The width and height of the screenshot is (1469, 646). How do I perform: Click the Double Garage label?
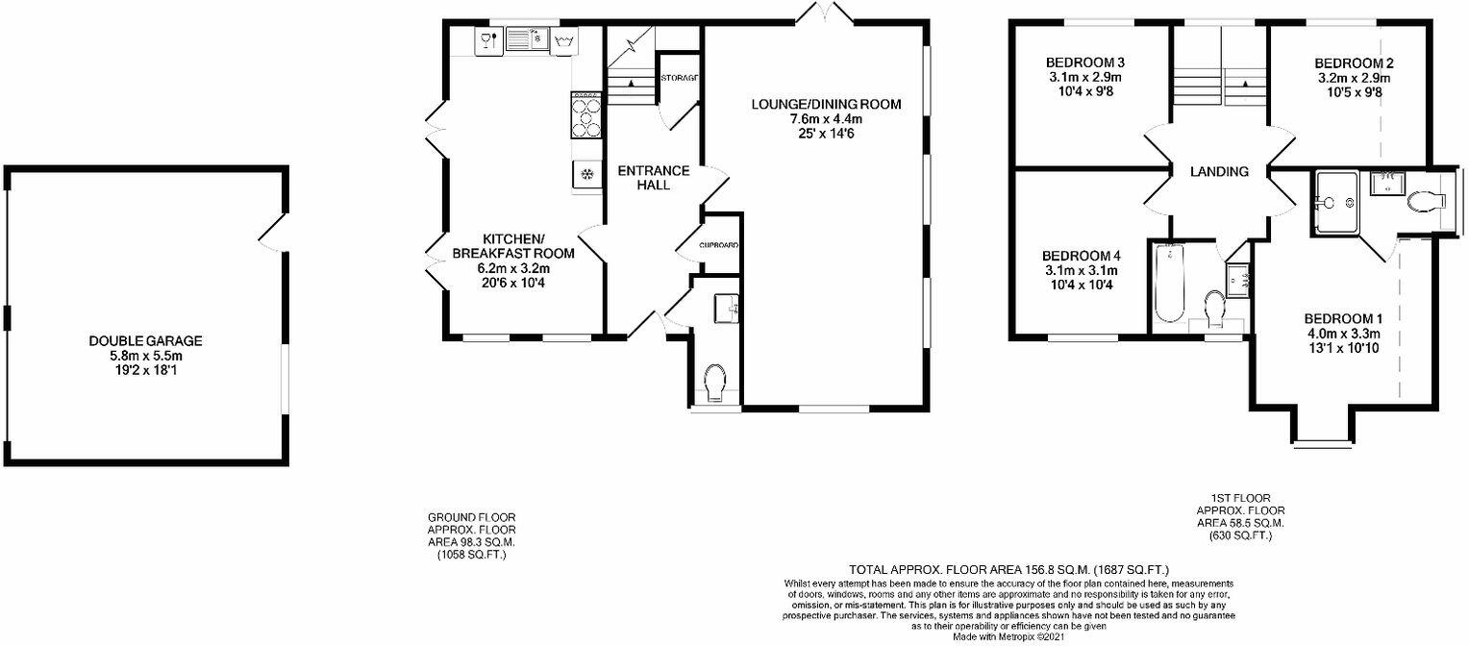145,340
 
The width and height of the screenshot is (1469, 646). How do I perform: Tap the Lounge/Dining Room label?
827,104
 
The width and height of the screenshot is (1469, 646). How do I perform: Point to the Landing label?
1219,172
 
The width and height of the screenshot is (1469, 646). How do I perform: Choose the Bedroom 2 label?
1355,63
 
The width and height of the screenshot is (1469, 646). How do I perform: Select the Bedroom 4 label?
1082,256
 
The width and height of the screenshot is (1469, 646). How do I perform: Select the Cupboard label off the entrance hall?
718,246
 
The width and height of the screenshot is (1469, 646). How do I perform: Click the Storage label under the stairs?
679,77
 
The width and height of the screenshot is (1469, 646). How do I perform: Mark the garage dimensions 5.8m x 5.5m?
145,355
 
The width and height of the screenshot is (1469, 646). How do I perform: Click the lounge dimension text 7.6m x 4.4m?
827,119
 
